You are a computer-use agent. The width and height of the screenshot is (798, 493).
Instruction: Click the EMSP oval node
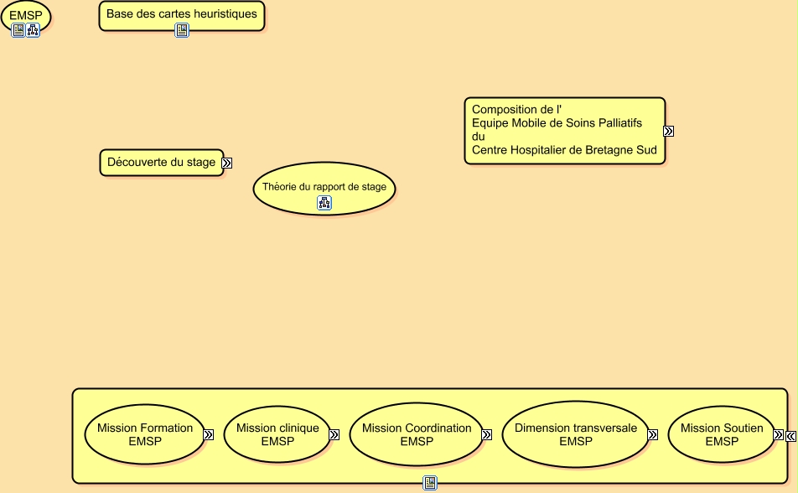26,14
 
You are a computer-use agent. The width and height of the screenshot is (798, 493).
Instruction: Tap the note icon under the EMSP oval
18,30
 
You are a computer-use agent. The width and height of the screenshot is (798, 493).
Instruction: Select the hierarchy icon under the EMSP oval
33,30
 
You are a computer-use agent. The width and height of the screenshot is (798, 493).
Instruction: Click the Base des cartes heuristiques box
181,15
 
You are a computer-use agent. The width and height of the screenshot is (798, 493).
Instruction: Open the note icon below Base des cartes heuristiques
182,30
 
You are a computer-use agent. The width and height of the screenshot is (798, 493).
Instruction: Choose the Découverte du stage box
162,162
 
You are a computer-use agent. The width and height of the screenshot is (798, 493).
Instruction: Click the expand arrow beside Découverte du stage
227,163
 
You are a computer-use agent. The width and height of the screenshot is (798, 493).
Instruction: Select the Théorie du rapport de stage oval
324,187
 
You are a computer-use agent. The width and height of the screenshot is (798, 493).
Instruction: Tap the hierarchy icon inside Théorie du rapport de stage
324,202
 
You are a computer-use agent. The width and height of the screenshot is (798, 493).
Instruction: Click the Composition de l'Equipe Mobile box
564,130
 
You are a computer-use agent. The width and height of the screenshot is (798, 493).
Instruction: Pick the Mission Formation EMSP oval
145,434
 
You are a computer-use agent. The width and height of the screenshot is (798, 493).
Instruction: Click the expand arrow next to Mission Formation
208,435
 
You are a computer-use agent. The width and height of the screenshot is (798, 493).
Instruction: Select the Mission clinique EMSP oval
277,434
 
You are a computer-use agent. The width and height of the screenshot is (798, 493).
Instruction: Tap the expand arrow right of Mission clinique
334,435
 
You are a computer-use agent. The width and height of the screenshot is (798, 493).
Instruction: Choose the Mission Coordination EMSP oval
417,434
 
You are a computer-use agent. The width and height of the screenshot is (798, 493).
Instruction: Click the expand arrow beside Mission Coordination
486,435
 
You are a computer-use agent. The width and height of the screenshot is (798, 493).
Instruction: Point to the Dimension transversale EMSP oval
575,434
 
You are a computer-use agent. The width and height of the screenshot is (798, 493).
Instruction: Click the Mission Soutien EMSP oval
722,434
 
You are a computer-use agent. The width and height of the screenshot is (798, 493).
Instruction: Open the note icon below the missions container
430,483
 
